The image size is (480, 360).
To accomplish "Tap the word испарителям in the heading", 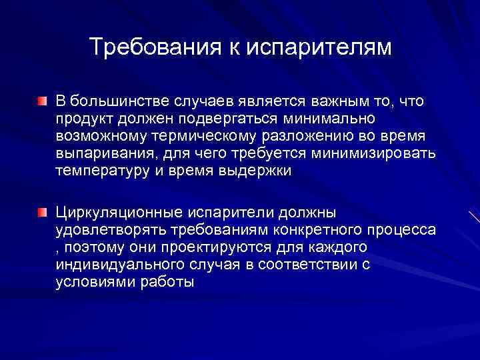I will click(320, 47).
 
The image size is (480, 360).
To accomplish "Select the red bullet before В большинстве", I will click(42, 101).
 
